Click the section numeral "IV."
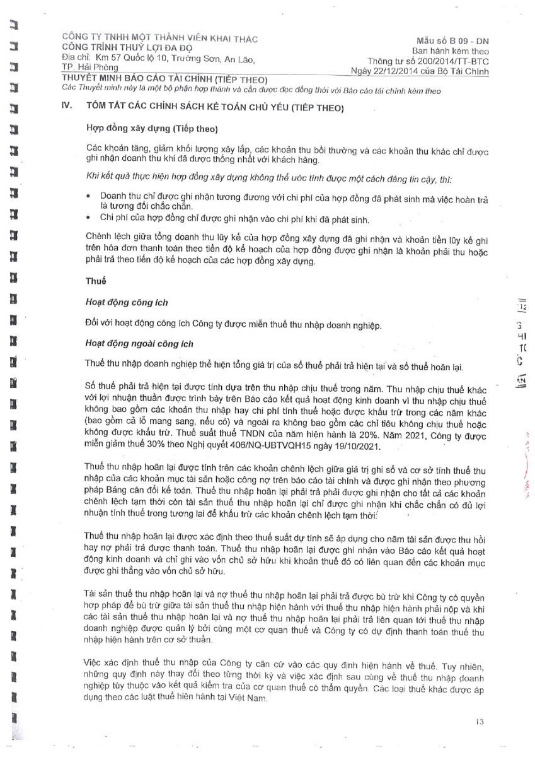tap(66, 108)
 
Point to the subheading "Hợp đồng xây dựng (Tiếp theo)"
tap(151, 129)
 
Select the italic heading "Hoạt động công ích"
tap(126, 303)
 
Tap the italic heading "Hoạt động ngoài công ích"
tap(139, 344)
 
